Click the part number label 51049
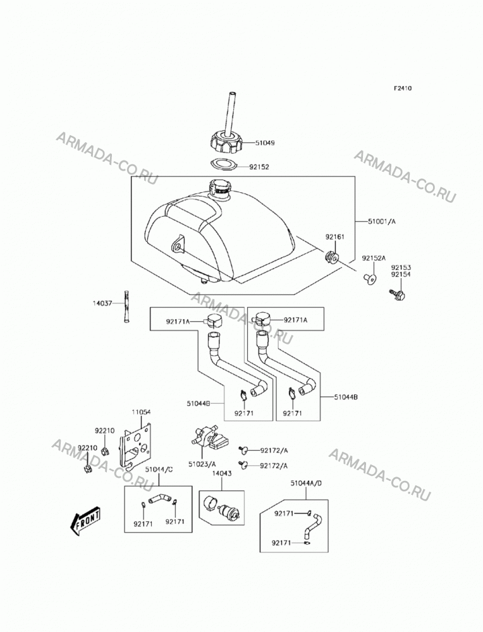pos(265,143)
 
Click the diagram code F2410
pos(403,88)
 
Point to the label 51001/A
pos(382,221)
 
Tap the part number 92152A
pos(374,258)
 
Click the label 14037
pos(102,303)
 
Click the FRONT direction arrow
pos(85,521)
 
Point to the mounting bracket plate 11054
pos(135,446)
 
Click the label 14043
pos(222,473)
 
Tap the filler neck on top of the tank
pos(219,188)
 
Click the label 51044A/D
pos(307,483)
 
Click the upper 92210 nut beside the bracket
pos(104,451)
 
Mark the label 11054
pos(141,412)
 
